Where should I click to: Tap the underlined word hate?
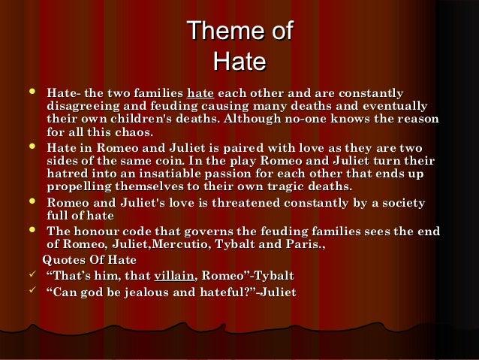[x=200, y=92]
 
